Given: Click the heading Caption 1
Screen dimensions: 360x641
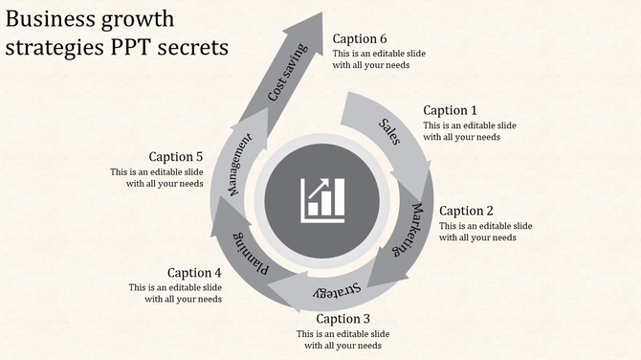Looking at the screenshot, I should click(x=450, y=110).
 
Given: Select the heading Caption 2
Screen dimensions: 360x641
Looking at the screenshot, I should click(x=466, y=211).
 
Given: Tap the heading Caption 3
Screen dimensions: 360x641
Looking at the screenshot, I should click(x=343, y=319).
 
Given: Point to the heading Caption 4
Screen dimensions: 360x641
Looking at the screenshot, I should click(x=194, y=273).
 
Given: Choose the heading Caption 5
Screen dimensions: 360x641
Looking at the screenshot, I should click(x=176, y=156).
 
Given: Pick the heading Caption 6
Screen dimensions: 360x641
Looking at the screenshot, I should click(x=360, y=39).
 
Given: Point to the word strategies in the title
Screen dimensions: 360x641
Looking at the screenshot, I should click(x=55, y=46).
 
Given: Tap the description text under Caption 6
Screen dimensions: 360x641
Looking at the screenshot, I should click(x=379, y=60).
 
